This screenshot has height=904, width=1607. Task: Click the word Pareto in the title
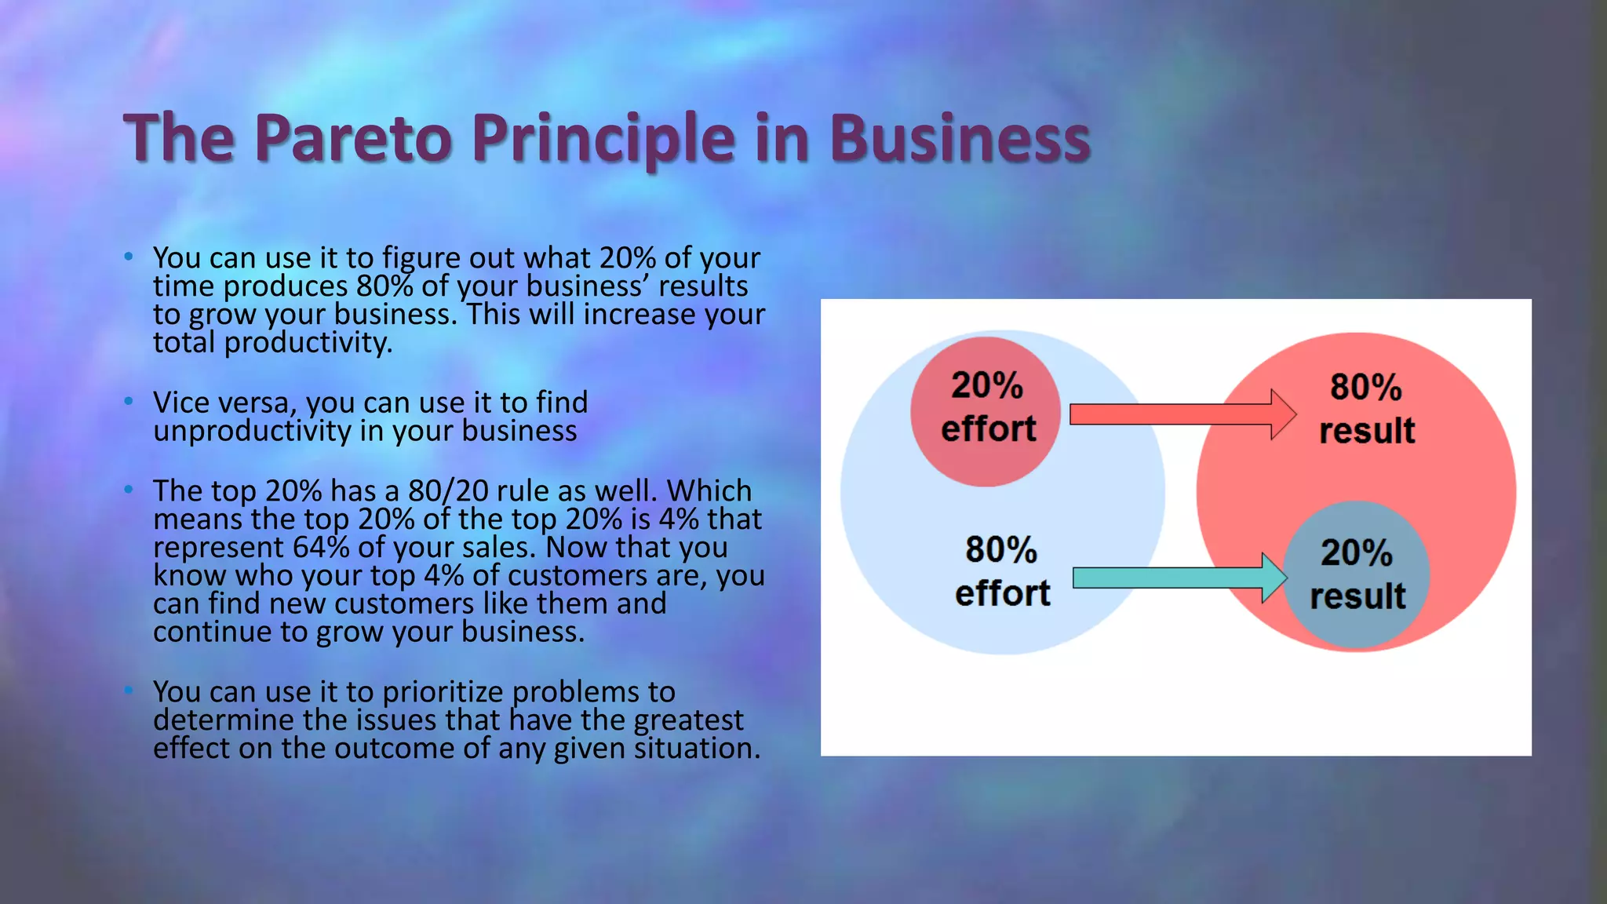click(353, 138)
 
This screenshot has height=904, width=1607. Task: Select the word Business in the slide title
click(959, 138)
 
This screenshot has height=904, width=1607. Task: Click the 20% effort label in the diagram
click(987, 407)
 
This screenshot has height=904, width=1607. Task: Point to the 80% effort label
click(1001, 571)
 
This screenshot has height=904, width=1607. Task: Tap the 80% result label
click(1366, 409)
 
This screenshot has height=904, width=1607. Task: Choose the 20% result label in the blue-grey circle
click(1357, 574)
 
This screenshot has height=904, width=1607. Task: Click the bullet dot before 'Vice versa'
click(129, 401)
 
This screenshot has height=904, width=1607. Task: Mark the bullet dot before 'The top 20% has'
click(129, 490)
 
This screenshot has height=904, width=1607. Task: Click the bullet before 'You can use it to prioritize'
click(129, 691)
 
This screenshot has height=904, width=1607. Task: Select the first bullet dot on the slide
click(129, 257)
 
